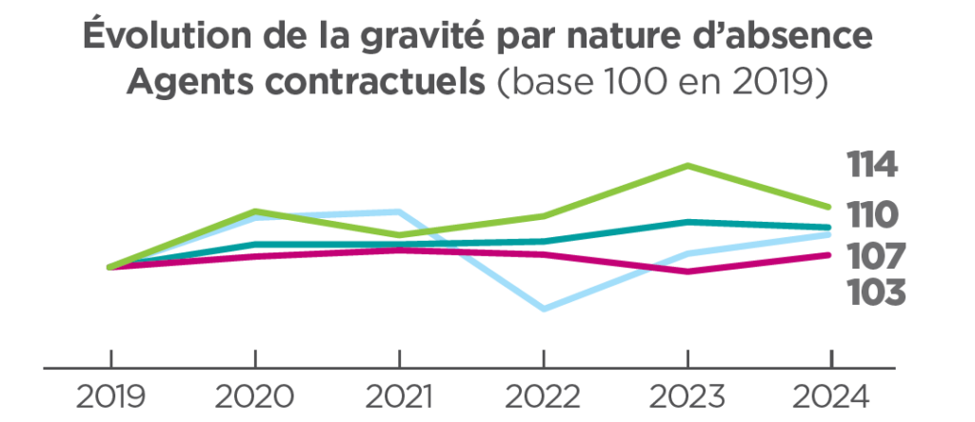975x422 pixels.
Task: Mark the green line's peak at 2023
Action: point(687,166)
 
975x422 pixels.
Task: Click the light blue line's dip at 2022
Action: point(544,309)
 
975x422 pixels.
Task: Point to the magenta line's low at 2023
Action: point(687,271)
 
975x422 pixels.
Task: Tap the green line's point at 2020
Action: point(255,211)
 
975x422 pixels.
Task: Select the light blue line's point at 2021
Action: point(399,211)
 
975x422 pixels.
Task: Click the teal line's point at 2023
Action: point(687,222)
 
